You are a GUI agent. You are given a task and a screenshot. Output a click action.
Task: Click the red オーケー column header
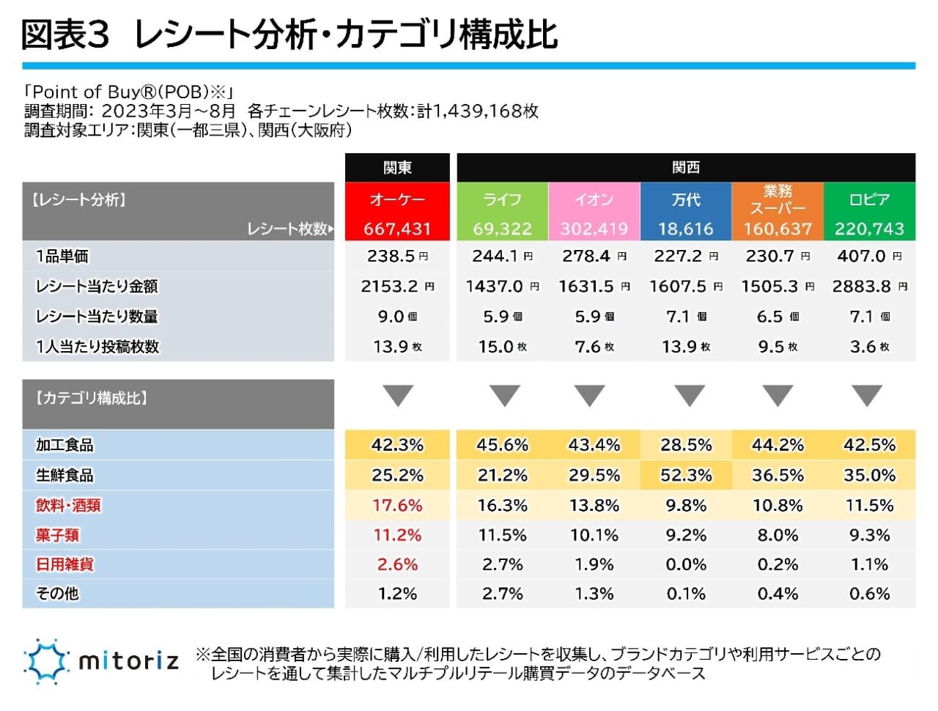tap(397, 199)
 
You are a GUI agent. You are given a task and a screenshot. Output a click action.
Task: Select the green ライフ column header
tap(502, 199)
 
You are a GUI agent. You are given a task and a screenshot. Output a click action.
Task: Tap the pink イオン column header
tap(594, 199)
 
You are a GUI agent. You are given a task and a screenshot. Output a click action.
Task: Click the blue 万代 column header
tap(686, 199)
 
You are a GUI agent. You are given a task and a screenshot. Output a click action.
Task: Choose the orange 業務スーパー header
tap(778, 199)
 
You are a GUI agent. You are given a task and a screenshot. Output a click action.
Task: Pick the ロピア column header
tap(869, 199)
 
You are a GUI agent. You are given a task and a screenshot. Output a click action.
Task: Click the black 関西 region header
tap(686, 167)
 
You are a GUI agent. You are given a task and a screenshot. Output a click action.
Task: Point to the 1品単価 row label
tap(62, 257)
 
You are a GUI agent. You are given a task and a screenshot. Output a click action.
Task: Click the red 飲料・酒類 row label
tap(68, 505)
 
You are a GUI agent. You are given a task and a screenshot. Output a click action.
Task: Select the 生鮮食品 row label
tap(64, 475)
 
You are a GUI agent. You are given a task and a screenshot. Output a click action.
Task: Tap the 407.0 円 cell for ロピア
tap(869, 257)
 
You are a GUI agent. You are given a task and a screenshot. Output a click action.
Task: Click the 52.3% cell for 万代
tap(686, 475)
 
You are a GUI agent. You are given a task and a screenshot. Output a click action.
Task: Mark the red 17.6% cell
tap(397, 505)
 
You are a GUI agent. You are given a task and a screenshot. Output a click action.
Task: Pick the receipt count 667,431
tap(397, 229)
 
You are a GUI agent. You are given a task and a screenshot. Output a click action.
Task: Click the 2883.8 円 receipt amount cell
tap(869, 287)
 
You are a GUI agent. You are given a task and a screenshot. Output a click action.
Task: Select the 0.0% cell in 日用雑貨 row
tap(686, 564)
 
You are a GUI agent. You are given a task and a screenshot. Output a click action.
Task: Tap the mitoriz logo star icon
tap(46, 661)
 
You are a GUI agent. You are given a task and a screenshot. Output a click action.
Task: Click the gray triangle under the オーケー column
tap(398, 397)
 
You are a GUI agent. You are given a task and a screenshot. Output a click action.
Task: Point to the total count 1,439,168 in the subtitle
tap(476, 111)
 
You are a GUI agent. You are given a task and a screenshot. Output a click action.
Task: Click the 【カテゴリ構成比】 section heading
tap(92, 398)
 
